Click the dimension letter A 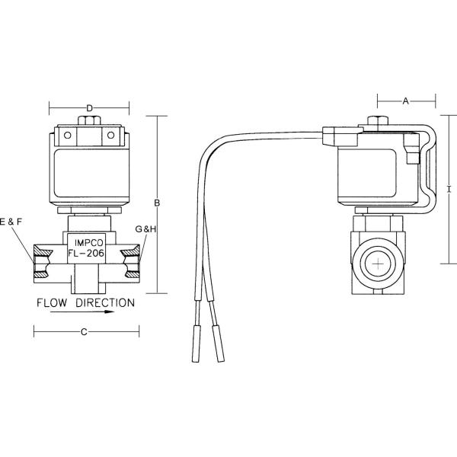tap(405, 101)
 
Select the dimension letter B tap(156, 203)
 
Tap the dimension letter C tap(85, 331)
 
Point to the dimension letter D tap(89, 108)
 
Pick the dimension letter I tap(449, 188)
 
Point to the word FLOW tap(56, 302)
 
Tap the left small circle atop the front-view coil tap(67, 136)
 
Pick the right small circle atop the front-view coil tap(110, 136)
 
